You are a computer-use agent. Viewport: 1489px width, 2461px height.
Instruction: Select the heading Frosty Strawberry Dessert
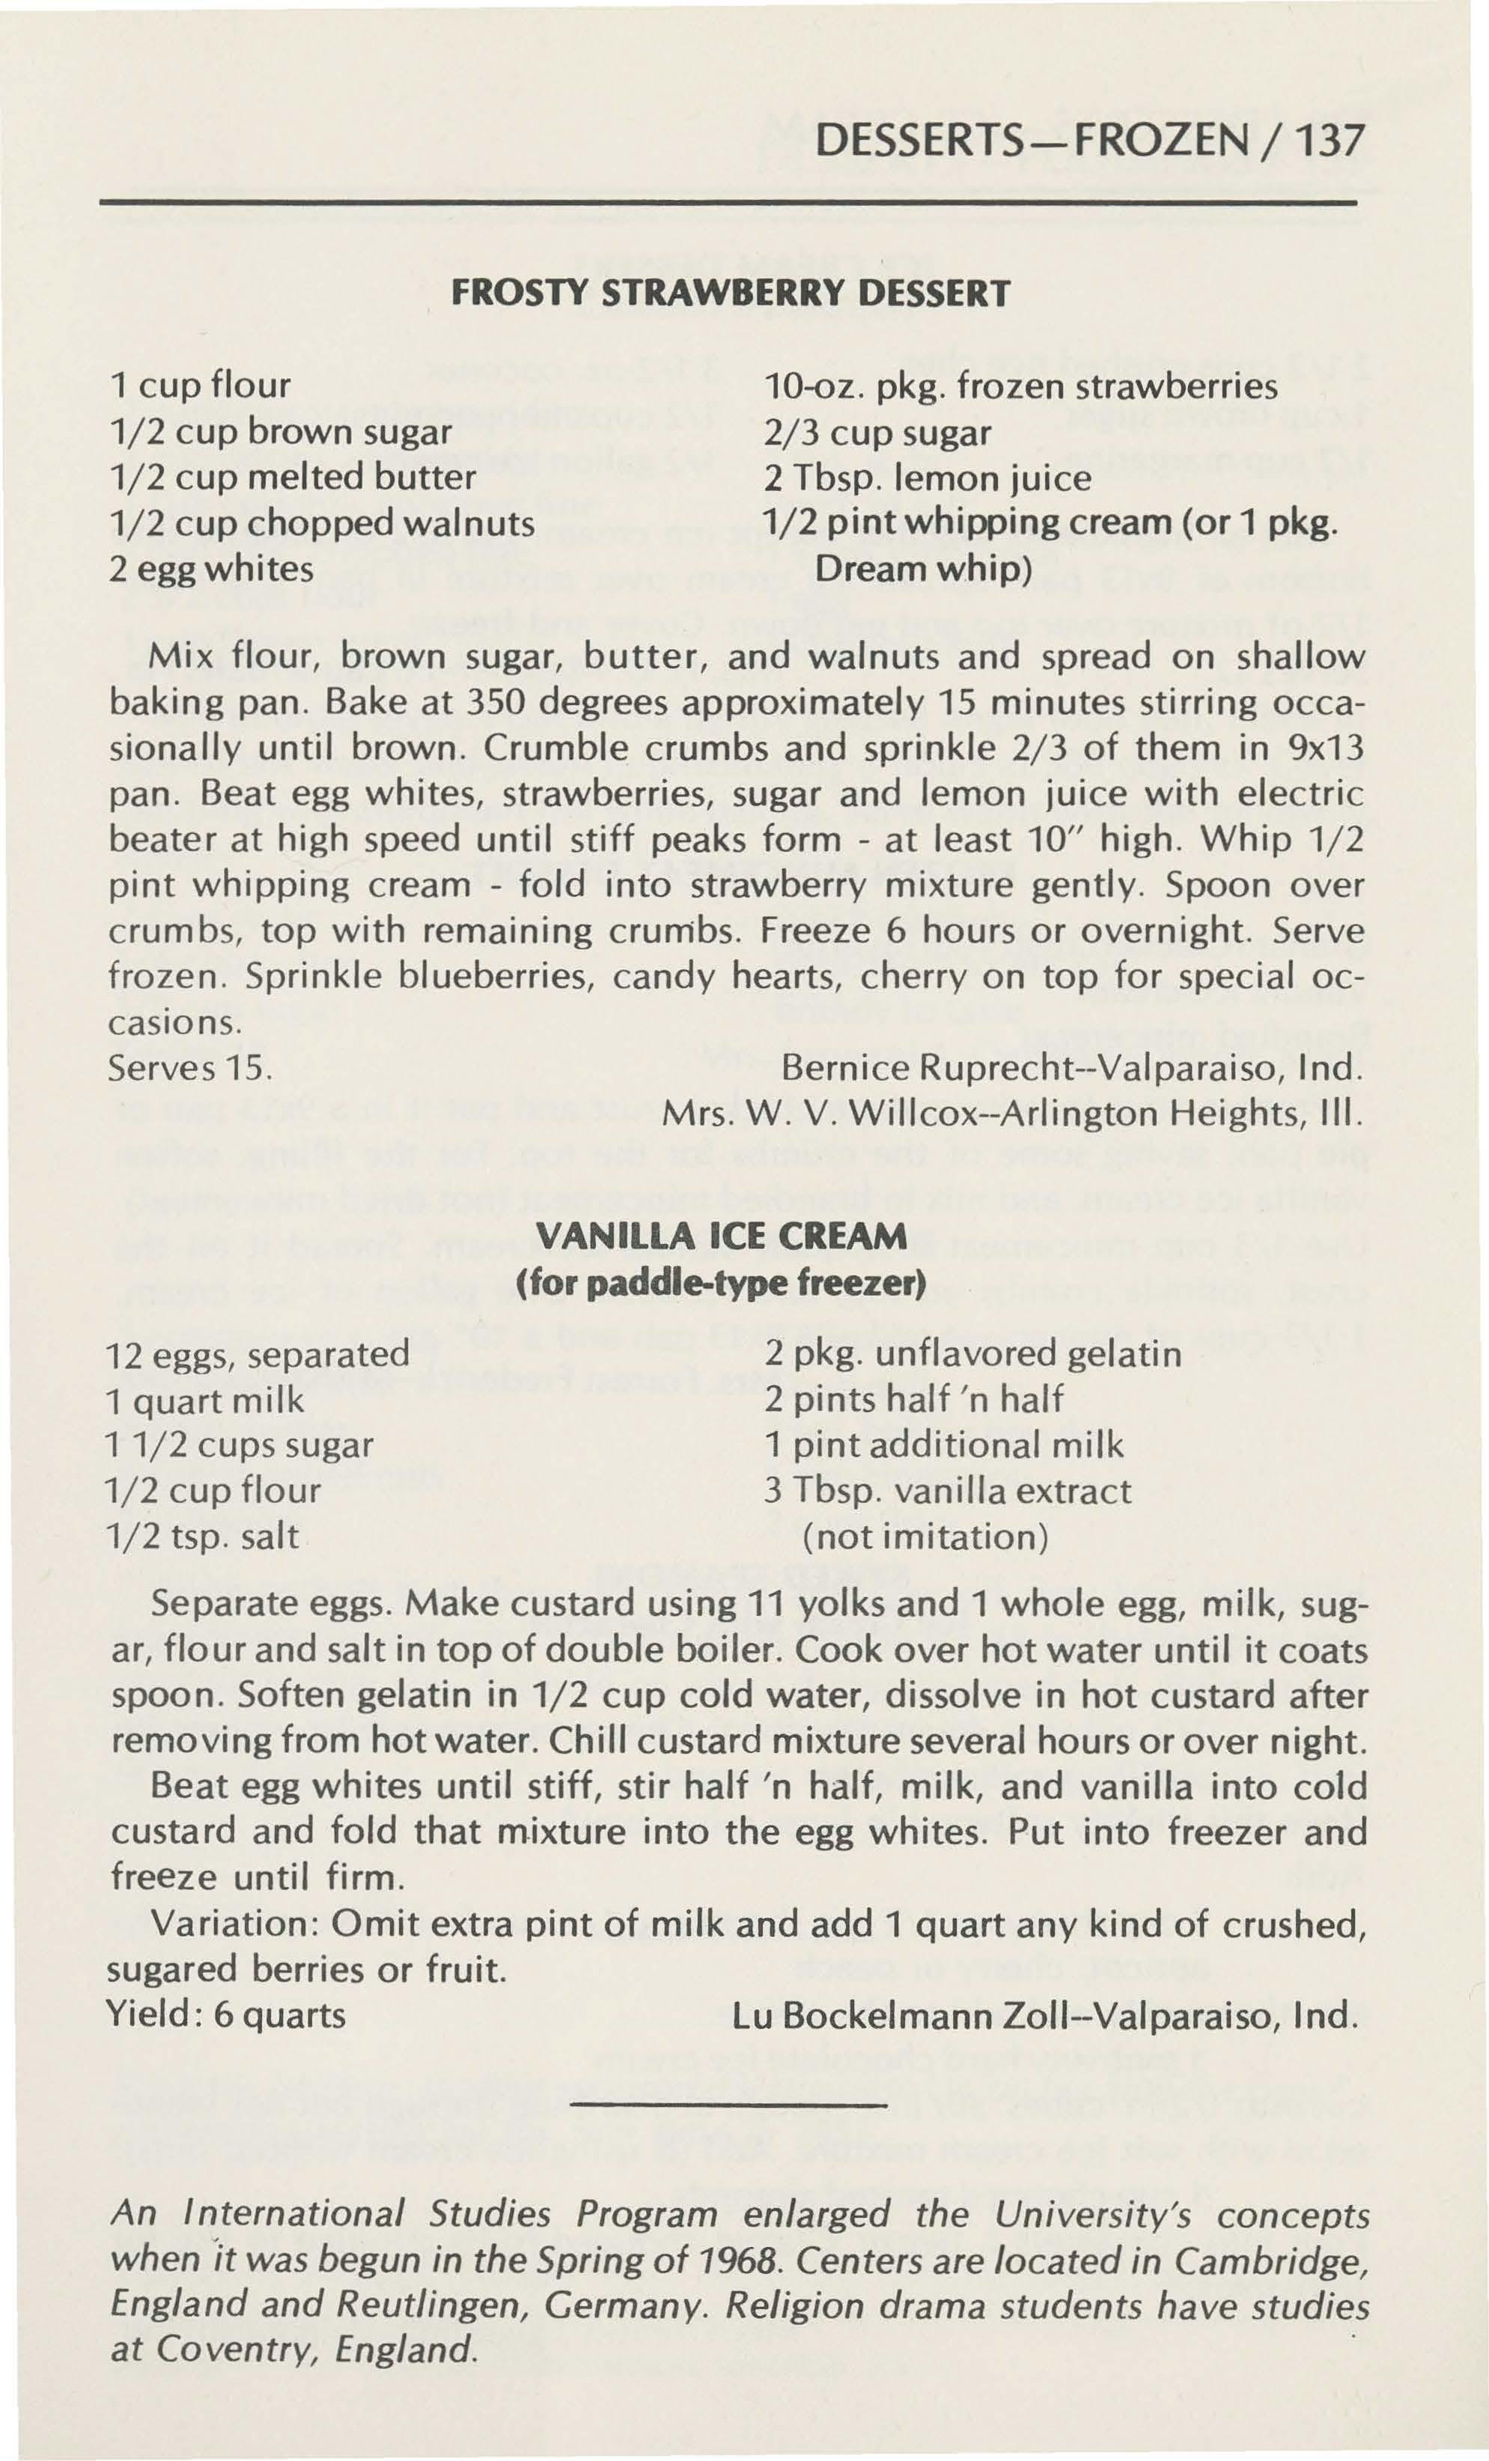point(731,293)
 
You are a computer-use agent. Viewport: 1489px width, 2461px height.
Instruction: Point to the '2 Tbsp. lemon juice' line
point(928,478)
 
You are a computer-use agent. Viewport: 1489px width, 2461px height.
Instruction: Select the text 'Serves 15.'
point(189,1067)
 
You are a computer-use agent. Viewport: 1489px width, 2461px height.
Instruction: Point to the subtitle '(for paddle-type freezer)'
point(721,1281)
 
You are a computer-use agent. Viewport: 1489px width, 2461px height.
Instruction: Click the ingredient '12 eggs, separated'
point(258,1354)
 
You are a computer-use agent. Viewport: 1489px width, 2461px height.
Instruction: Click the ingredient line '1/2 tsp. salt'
point(203,1536)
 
